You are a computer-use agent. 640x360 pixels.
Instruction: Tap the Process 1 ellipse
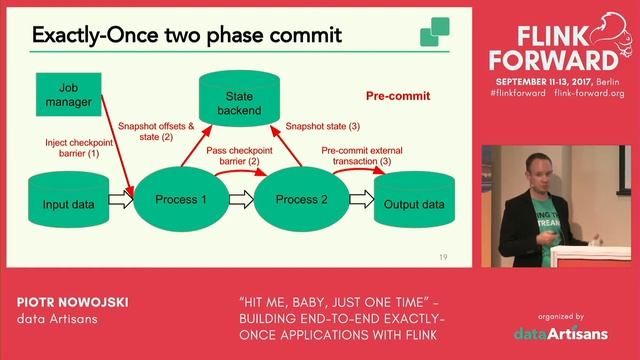pos(181,200)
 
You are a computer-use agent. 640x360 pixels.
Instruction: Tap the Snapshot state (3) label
pos(323,127)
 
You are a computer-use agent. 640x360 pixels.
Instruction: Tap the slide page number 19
pos(442,258)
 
